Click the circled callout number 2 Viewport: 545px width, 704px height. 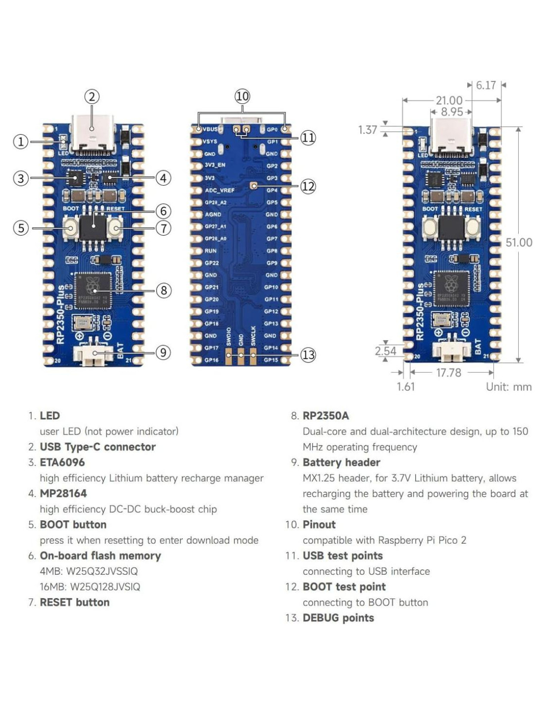tap(92, 97)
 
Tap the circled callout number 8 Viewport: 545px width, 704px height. tap(163, 290)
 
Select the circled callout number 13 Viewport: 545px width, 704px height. tap(308, 354)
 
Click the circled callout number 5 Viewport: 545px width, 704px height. tap(21, 228)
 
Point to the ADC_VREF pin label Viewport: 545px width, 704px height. tap(219, 190)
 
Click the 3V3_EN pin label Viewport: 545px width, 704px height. tap(215, 165)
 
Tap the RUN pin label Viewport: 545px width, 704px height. tap(211, 251)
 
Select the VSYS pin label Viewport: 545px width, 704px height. tap(210, 141)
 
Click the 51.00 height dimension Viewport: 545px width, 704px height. tap(519, 243)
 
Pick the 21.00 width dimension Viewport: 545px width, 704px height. tap(449, 101)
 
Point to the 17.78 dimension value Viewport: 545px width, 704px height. tap(448, 372)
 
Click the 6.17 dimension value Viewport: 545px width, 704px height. tap(486, 85)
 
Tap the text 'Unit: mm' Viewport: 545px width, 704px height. tap(508, 387)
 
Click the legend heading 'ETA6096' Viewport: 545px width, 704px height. tap(62, 462)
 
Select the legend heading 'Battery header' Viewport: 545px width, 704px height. tap(341, 462)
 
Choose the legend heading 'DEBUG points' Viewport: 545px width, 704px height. tap(338, 618)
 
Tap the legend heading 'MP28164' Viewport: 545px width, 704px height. tap(63, 494)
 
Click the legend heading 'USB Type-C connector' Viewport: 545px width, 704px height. tap(98, 447)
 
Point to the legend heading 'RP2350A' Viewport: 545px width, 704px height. tap(326, 416)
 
